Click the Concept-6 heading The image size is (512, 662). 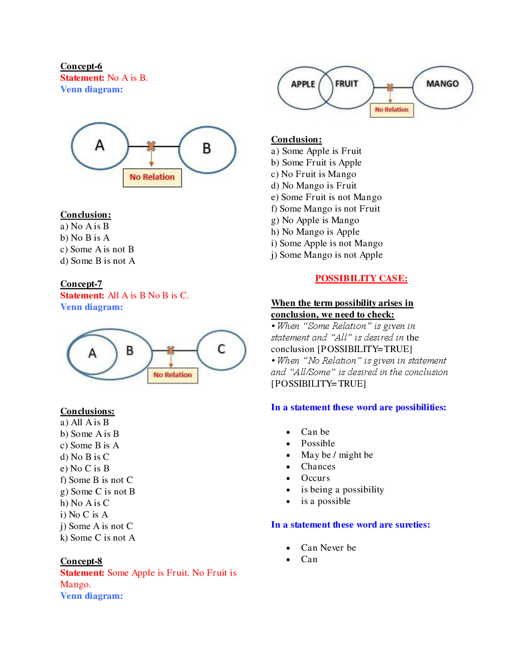coord(81,66)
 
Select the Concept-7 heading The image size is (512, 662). coord(81,284)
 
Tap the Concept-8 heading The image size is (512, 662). coord(81,561)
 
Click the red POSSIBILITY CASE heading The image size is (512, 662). coord(361,278)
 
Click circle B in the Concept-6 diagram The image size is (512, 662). coord(207,149)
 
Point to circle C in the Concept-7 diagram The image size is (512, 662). coord(221,350)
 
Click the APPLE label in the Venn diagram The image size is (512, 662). coord(303,84)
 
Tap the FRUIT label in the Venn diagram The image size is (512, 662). coord(347,84)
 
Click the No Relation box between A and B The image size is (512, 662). coord(152,178)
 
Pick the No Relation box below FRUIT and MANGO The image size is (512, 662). coord(392,110)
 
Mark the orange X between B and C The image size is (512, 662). coord(171,350)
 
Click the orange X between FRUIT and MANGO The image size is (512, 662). coord(390,87)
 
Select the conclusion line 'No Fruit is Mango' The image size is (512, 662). coord(314,174)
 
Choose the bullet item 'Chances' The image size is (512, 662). coord(318,466)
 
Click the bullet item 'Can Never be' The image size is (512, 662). coord(328,548)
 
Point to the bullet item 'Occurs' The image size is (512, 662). coord(315,478)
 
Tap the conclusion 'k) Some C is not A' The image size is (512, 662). coord(98,538)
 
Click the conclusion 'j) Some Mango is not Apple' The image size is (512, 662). coord(327,255)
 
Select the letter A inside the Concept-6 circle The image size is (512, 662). coord(100,145)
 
